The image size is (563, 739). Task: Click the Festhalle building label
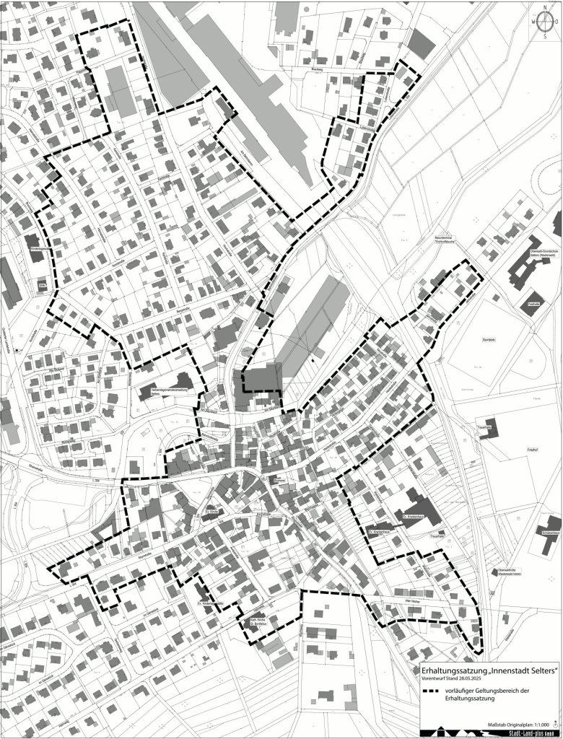point(534,305)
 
